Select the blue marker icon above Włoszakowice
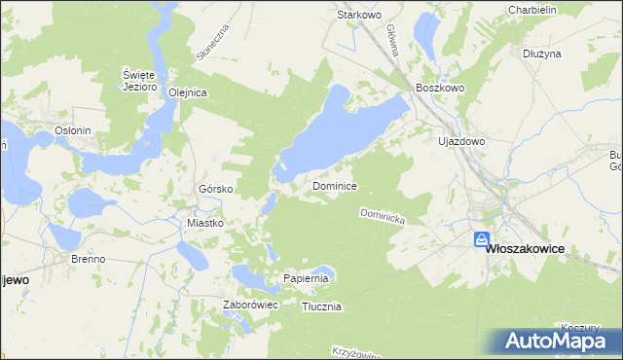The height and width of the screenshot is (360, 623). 482,239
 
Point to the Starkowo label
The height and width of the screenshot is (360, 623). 357,16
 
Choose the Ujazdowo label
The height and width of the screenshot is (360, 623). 461,141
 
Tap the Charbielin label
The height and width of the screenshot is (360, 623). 531,10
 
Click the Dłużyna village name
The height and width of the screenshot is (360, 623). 541,54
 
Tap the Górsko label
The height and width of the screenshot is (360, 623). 213,188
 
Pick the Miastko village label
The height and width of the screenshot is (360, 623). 205,223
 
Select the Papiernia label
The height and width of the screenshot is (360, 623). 308,278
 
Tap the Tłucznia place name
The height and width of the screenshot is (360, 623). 321,306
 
